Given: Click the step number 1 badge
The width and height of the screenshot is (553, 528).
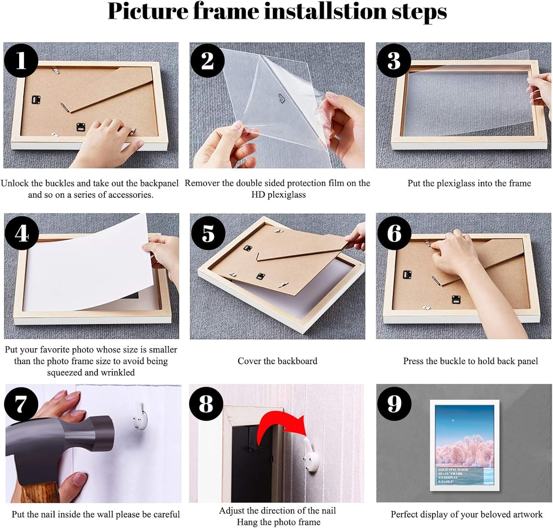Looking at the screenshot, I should coord(21,60).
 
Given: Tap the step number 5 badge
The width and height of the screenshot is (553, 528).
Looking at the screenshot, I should coord(208,233).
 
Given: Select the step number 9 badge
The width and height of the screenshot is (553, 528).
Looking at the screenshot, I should coord(394,404).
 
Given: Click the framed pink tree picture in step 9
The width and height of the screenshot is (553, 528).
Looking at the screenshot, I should coord(464,445).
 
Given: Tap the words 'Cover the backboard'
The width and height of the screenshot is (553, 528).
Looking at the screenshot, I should coord(277,361).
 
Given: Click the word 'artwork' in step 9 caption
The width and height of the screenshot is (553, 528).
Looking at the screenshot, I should coord(528,515).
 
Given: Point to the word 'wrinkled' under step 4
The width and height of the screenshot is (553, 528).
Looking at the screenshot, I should coord(117,373).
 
